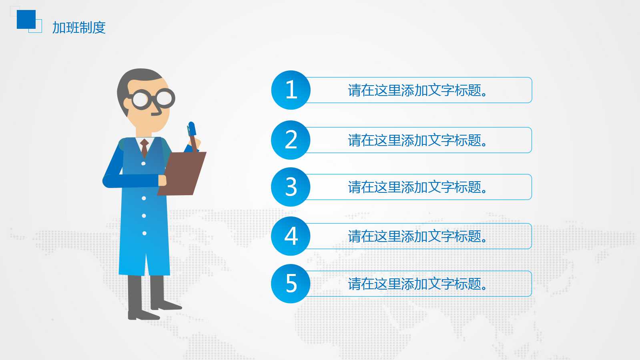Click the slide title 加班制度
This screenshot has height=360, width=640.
point(79,28)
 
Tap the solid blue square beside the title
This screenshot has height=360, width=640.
point(26,19)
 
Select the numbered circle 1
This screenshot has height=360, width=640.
point(291,90)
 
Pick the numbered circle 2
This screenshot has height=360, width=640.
point(291,140)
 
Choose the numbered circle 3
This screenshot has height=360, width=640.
point(291,187)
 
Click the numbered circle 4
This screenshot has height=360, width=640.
point(291,236)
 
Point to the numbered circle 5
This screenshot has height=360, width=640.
point(291,284)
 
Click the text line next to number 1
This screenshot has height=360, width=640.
point(417,90)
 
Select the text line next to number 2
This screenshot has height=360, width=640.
point(417,140)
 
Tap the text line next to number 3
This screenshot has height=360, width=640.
point(417,187)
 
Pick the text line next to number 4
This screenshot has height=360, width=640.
point(417,236)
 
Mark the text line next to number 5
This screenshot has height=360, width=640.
point(417,284)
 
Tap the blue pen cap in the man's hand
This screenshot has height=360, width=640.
point(192,128)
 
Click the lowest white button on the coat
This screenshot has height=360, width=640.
point(144,233)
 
